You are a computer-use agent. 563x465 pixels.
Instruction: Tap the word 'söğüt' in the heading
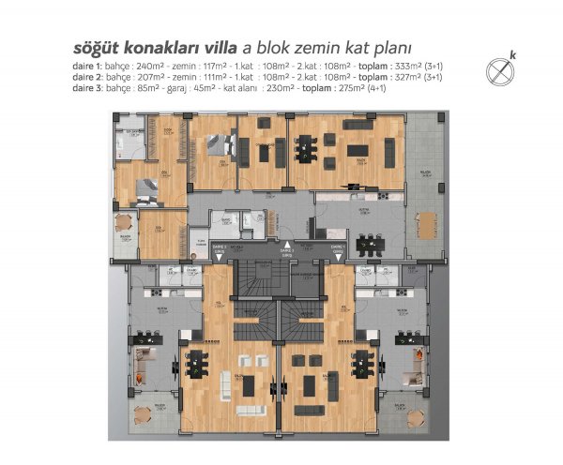pos(97,48)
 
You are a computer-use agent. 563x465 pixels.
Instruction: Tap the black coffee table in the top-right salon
pos(359,151)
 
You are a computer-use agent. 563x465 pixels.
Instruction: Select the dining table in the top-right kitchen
pos(373,242)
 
